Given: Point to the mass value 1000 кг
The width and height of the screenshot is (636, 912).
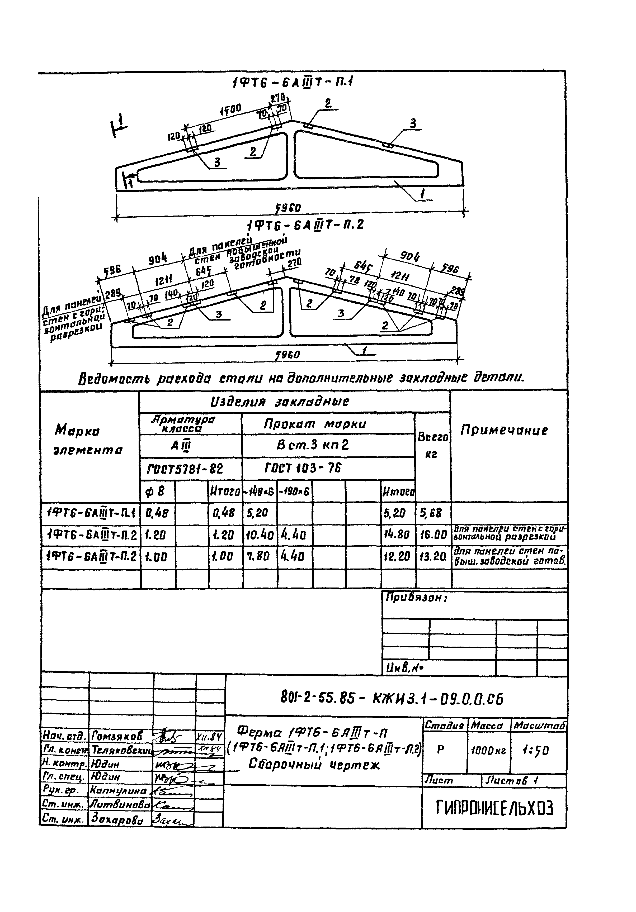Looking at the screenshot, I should (488, 751).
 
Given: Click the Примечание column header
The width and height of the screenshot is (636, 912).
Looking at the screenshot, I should (504, 431).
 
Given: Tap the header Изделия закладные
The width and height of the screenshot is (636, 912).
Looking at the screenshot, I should (279, 402).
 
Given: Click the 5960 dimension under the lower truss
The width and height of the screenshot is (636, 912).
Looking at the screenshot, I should (288, 354).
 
